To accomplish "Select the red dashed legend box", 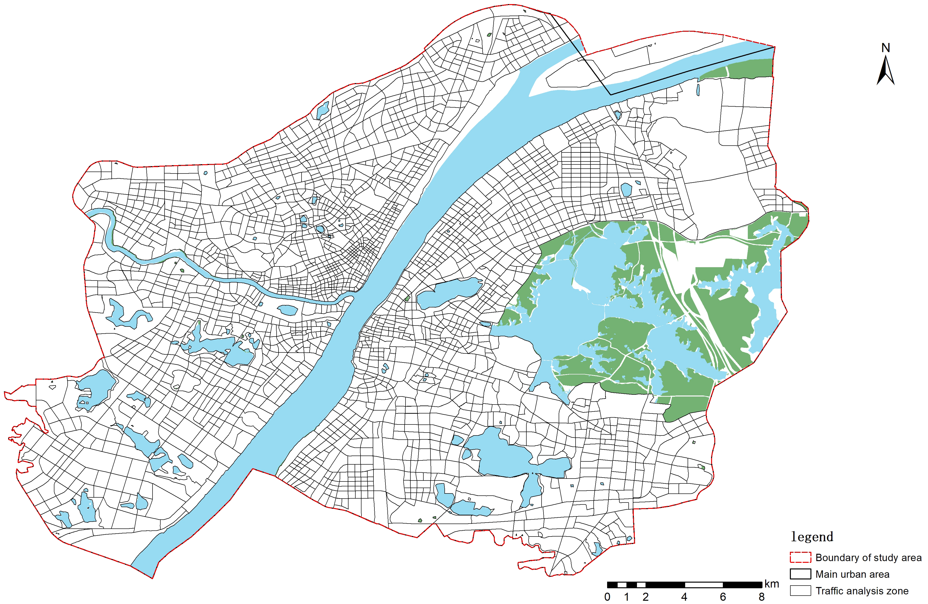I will coord(801,557).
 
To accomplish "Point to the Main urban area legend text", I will coord(852,574).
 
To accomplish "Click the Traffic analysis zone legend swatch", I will coord(801,590).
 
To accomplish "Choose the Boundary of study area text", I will coord(868,557).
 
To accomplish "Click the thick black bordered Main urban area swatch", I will coord(801,574).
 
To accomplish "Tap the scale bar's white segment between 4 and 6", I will coord(704,585).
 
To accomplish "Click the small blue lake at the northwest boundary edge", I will coord(322,111).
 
